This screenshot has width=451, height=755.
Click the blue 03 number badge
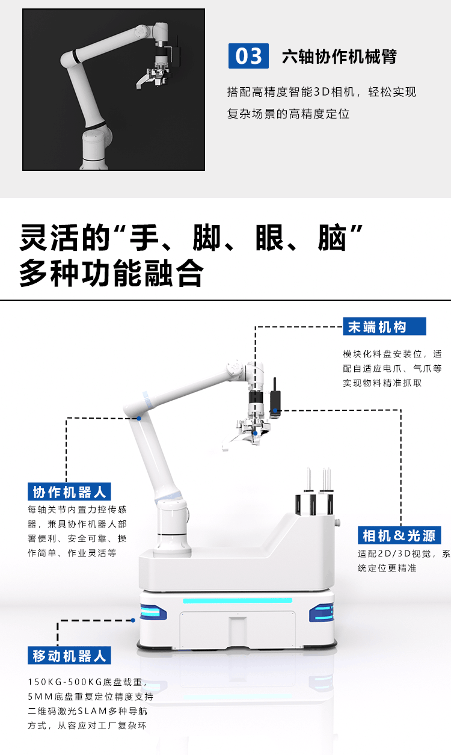click(248, 56)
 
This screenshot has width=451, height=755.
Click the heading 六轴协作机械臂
click(339, 57)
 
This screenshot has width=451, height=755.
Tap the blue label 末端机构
click(384, 326)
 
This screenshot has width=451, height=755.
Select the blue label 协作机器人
click(69, 492)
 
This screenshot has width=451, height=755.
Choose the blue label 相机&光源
click(399, 535)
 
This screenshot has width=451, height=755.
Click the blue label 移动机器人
click(69, 656)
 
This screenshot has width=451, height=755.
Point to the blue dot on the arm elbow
click(139, 418)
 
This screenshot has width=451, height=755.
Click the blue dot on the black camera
click(275, 410)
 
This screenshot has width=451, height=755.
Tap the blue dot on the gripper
click(256, 433)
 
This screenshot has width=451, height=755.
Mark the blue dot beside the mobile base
click(133, 620)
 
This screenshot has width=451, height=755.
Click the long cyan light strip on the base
click(238, 600)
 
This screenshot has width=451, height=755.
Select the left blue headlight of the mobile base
click(153, 613)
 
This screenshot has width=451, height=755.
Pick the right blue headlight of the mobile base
click(321, 613)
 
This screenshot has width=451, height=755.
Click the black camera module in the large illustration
click(275, 399)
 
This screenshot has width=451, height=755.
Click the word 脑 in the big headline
click(332, 238)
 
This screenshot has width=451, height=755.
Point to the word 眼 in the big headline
click(269, 238)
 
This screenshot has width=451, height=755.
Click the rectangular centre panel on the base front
click(238, 631)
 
